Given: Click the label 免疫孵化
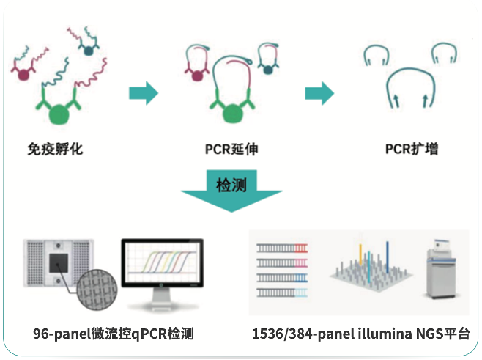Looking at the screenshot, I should click(56, 150).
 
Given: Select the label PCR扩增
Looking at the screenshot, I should click(412, 150).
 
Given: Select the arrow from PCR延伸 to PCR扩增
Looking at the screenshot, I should click(319, 93).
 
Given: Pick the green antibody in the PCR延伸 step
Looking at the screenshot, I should click(232, 110).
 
